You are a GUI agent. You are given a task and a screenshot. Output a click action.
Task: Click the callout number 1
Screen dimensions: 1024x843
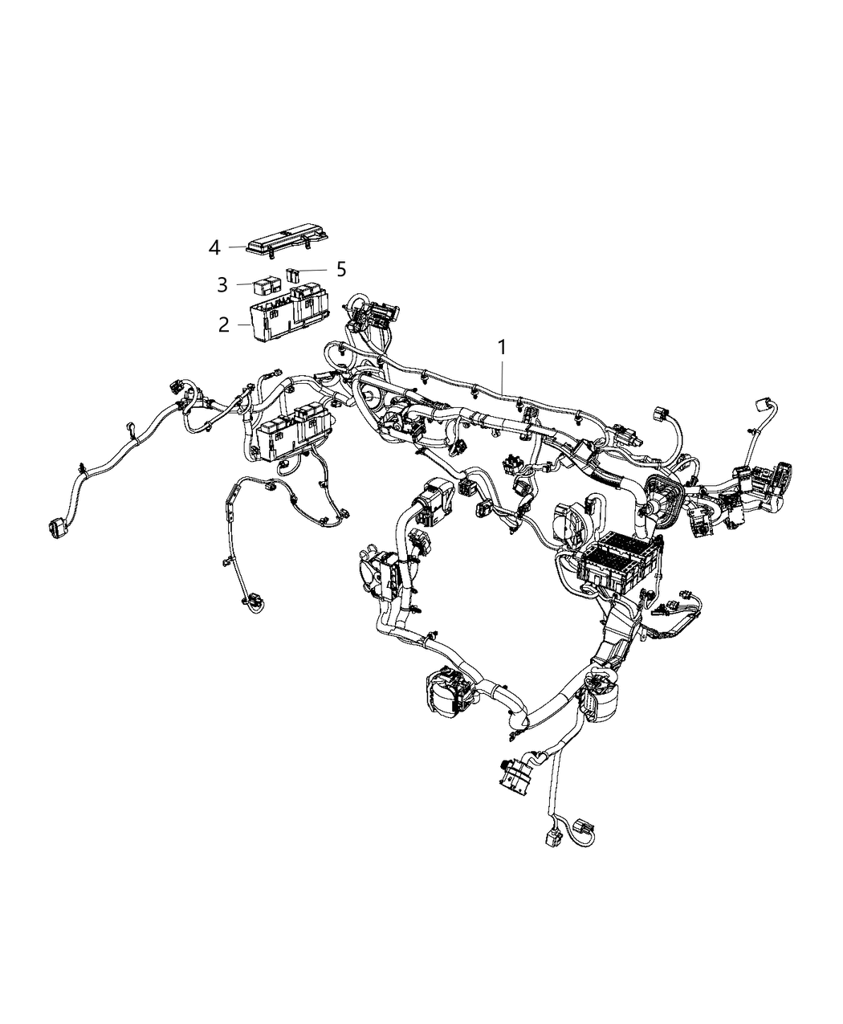[x=502, y=349]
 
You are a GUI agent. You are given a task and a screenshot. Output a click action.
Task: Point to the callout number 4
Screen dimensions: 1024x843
[x=214, y=247]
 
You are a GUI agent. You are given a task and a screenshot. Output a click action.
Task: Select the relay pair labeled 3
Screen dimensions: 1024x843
[x=267, y=284]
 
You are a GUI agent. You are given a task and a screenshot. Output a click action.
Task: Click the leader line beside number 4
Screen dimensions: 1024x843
[x=235, y=247]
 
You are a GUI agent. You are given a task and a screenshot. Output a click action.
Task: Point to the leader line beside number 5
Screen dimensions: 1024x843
[x=316, y=271]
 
